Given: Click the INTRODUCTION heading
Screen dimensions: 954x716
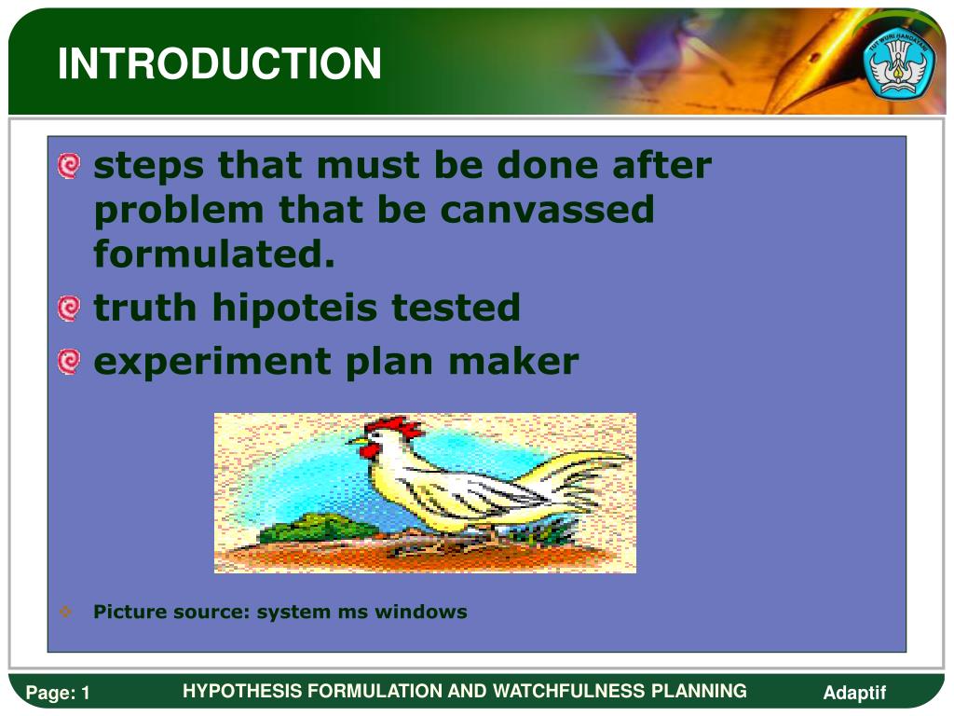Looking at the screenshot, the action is (219, 63).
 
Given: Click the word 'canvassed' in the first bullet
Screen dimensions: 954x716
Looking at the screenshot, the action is (546, 210).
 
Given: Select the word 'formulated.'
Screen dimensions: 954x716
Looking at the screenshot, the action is (214, 254).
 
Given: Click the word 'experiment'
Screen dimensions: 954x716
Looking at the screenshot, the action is (211, 362).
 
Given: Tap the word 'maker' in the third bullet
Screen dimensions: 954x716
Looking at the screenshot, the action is (513, 361).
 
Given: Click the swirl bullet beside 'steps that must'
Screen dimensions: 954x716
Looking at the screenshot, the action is (69, 166).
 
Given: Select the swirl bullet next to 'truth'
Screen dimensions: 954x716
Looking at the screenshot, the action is (69, 308).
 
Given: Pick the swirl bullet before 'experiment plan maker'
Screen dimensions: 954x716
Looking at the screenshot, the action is (69, 362).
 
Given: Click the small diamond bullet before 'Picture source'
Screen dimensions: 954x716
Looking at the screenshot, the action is (66, 612).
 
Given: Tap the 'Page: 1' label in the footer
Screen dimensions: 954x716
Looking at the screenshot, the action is (58, 693).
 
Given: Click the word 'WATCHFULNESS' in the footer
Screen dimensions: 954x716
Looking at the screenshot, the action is (569, 691).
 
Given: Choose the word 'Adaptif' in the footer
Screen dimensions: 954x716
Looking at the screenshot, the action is (854, 693).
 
